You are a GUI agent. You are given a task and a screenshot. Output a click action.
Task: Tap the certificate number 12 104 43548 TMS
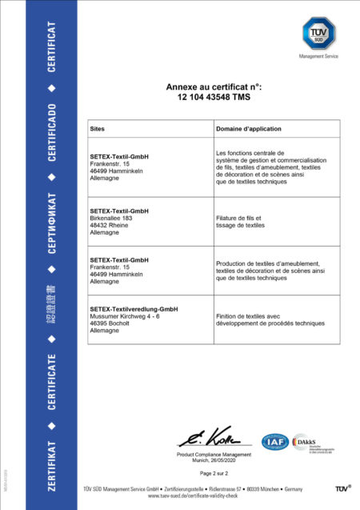point(214,97)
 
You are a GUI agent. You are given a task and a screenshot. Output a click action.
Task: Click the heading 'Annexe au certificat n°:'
point(214,86)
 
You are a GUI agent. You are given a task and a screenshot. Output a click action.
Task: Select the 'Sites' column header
point(99,128)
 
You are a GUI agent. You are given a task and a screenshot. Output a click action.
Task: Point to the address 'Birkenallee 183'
point(113,218)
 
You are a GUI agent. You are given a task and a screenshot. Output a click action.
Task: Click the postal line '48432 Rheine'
point(109,225)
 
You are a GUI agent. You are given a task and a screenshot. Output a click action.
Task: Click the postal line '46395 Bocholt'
point(110,323)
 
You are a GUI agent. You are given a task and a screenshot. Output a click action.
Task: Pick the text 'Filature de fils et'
point(239,218)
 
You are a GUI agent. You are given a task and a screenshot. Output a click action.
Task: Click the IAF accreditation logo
point(274,441)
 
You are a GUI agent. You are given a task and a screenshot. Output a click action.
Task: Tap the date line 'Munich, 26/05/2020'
point(214,460)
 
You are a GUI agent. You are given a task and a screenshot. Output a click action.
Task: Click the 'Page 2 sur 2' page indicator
point(214,474)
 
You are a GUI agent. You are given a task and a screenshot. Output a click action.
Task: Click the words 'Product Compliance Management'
point(214,455)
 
